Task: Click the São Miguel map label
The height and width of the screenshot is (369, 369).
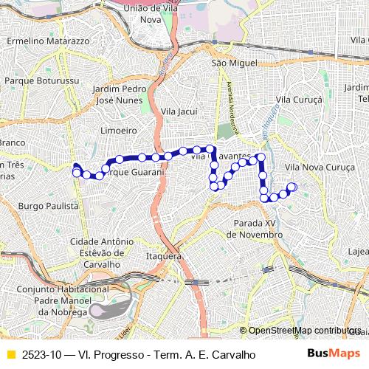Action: pyautogui.click(x=227, y=63)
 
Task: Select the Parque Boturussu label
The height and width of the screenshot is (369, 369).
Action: pyautogui.click(x=38, y=80)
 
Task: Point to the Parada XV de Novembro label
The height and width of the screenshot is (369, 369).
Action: pyautogui.click(x=255, y=228)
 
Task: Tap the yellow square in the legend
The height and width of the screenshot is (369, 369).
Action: pyautogui.click(x=10, y=354)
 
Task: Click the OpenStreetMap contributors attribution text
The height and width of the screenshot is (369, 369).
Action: pyautogui.click(x=304, y=331)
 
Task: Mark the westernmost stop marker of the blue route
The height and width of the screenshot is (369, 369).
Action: pyautogui.click(x=76, y=173)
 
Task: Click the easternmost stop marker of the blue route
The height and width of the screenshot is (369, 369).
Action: pyautogui.click(x=292, y=187)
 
